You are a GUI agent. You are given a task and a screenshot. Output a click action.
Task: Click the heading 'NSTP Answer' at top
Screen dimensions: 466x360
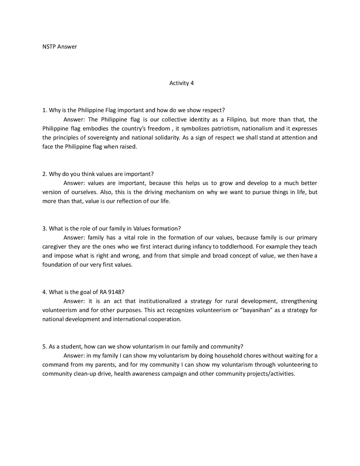(x=59, y=47)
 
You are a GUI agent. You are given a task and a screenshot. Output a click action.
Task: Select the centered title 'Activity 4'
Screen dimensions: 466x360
(x=181, y=83)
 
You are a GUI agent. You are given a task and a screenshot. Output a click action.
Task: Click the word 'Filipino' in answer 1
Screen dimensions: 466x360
(x=237, y=120)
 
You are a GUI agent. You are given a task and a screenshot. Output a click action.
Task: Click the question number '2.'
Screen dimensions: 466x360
(x=44, y=174)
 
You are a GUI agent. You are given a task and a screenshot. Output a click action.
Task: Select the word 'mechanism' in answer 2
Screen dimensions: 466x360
(x=180, y=192)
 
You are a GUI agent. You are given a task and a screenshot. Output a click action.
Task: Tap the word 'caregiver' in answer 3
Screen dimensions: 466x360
(x=54, y=247)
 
